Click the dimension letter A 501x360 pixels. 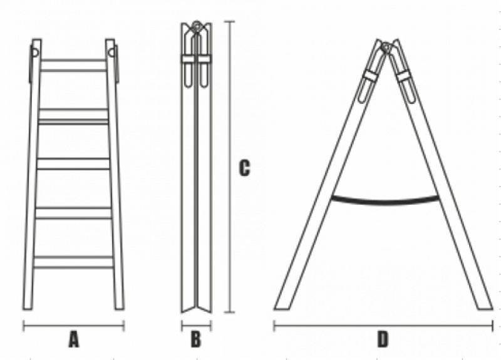click(73, 339)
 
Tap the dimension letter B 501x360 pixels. click(196, 339)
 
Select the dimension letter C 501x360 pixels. click(244, 168)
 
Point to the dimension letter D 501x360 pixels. click(383, 339)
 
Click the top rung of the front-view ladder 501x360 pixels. click(73, 65)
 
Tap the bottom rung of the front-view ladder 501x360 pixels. click(73, 262)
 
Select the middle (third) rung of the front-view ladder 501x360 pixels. click(73, 163)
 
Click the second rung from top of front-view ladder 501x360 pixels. click(73, 116)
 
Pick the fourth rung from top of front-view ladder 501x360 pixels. click(73, 213)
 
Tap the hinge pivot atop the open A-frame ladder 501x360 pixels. click(386, 47)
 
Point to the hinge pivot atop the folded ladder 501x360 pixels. click(197, 26)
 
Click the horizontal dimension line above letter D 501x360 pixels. click(383, 326)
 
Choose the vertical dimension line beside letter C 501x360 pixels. click(229, 167)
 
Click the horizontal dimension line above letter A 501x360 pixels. click(73, 326)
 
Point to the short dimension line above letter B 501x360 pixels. click(196, 326)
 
